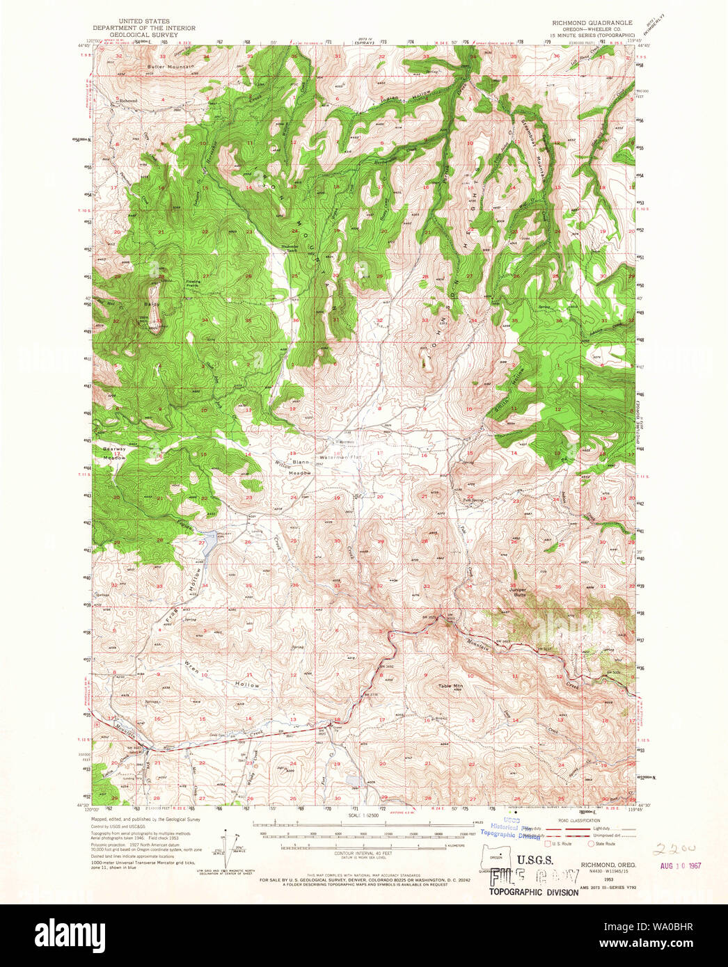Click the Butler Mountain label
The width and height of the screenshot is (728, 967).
click(x=171, y=67)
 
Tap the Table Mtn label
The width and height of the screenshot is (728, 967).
click(x=450, y=686)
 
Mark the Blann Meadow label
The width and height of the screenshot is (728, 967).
click(x=301, y=467)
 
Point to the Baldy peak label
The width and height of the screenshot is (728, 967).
click(x=152, y=304)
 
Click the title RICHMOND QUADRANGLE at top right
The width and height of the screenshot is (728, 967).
click(x=592, y=22)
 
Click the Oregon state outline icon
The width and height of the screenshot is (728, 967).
click(x=496, y=856)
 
